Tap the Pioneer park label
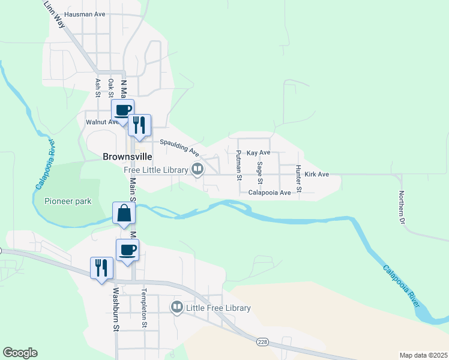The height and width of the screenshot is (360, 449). click(x=68, y=201)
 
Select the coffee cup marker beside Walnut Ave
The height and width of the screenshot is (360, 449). click(x=122, y=110)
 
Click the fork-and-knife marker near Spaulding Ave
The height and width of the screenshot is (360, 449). click(x=139, y=125)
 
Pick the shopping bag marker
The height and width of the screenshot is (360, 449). click(x=124, y=213)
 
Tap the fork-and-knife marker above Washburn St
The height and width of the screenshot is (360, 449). click(x=101, y=268)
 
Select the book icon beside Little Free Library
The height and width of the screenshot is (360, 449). click(x=177, y=308)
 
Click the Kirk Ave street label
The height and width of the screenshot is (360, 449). click(x=317, y=175)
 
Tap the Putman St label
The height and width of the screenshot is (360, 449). click(x=239, y=166)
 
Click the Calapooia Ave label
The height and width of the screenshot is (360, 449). click(x=270, y=193)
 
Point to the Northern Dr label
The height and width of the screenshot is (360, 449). click(x=402, y=208)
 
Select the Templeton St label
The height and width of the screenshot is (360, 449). click(x=144, y=308)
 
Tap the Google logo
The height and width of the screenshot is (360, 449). click(x=20, y=353)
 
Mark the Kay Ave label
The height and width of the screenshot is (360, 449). click(x=259, y=153)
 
